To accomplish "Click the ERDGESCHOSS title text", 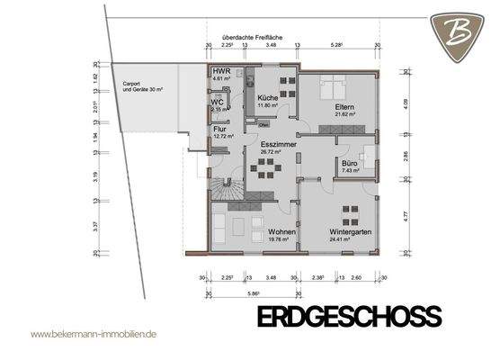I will [349, 317].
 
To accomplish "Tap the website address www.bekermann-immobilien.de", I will [94, 333].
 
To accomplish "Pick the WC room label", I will [217, 102].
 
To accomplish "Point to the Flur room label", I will [219, 129].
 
